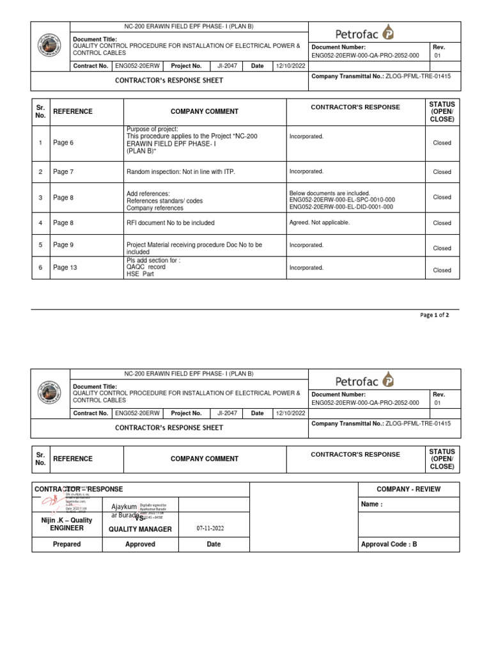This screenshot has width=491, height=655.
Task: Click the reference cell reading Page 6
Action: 63,143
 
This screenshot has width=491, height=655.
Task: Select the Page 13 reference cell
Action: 65,267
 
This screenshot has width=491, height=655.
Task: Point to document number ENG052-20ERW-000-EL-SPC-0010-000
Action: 342,200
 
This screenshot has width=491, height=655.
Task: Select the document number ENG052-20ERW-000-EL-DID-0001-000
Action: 342,207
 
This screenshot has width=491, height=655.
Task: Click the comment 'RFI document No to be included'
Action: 170,223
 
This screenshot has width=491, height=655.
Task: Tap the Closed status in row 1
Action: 442,143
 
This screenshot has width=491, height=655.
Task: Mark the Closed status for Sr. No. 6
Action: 442,271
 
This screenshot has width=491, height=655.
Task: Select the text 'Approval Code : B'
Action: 389,544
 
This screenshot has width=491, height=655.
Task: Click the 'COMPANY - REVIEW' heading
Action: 408,489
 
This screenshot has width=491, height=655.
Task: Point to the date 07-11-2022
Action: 210,528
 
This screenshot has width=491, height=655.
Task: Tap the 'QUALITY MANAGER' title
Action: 140,529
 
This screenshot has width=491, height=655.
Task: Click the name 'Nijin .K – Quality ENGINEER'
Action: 66,524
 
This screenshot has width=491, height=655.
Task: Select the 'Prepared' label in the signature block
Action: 66,544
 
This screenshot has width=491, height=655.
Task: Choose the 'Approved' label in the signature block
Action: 140,544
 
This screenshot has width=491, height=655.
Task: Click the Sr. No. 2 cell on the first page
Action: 40,172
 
